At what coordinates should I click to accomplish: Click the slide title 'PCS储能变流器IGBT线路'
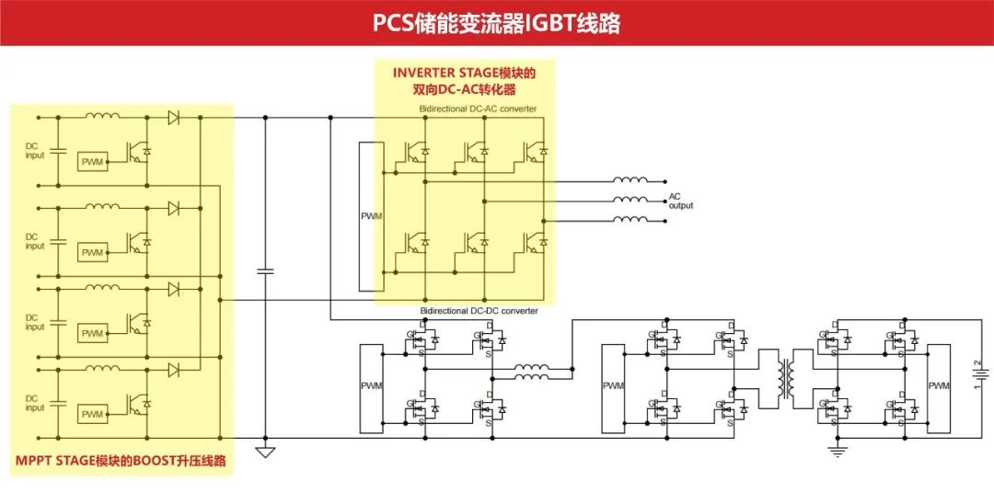tap(496, 23)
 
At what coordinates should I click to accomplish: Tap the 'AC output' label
tap(680, 201)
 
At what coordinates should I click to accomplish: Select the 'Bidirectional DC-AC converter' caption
tap(478, 109)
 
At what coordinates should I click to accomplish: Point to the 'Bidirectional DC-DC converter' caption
tap(479, 311)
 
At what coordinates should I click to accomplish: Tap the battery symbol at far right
tap(978, 375)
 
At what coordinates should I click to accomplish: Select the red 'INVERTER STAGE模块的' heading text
tap(464, 73)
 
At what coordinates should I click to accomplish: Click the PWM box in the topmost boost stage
tap(92, 162)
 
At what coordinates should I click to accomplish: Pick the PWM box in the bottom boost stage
tap(92, 415)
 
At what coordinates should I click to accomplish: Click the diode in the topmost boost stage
tap(173, 118)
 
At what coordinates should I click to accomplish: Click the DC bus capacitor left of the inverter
tap(265, 271)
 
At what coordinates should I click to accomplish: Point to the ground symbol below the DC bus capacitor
tap(265, 452)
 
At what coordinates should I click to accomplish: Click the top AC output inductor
tap(631, 180)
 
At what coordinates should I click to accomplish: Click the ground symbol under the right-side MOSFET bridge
tap(838, 450)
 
